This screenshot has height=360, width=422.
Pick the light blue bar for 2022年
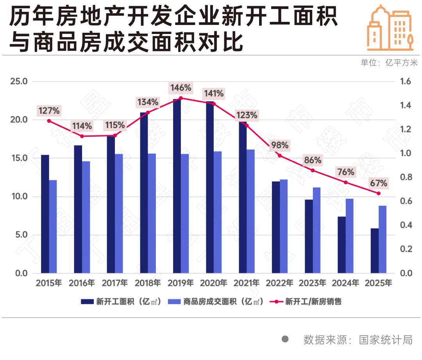point(284,226)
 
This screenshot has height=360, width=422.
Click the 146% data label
point(180,88)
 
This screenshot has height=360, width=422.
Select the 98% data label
point(279,146)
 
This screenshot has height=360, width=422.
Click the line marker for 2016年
point(82,136)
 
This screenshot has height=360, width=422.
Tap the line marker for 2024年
point(345,182)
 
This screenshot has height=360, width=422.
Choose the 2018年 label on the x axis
point(147,283)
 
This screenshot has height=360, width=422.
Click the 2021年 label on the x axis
point(246,283)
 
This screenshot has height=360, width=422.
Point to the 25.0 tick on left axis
point(19,82)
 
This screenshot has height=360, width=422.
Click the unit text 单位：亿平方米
point(389,63)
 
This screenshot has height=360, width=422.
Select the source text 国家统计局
point(386,339)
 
